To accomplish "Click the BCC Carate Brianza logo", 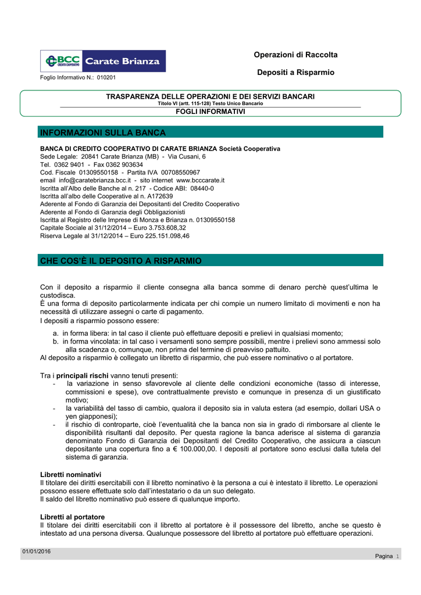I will [x=103, y=61].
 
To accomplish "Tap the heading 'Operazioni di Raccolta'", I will [x=295, y=55].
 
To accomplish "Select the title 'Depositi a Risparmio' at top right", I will [x=295, y=72].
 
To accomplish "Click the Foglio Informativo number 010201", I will [x=106, y=77].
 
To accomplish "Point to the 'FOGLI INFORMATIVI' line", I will [x=210, y=111].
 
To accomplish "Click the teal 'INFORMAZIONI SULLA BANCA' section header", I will [x=103, y=132].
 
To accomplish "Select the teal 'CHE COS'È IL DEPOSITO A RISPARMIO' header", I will [x=121, y=261].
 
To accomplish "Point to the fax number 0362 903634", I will [x=124, y=164].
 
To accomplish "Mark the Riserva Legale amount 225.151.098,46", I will [x=161, y=236].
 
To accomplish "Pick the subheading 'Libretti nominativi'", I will [x=70, y=475].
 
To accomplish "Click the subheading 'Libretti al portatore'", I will [x=72, y=517].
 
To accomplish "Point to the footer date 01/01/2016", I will [x=37, y=551].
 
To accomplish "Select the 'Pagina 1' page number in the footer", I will [x=387, y=556].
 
